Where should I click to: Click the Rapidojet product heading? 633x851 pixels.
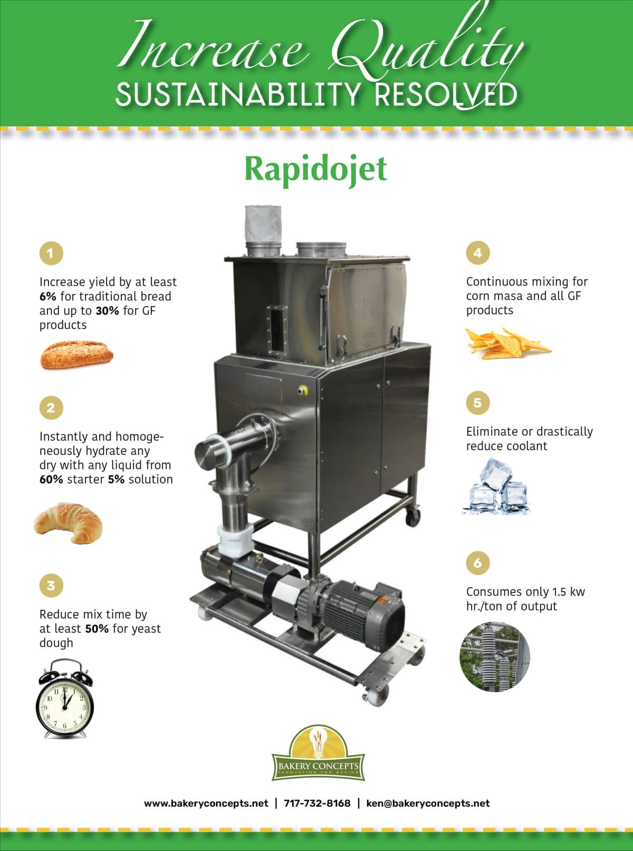315,169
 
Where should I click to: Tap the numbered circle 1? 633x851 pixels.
51,253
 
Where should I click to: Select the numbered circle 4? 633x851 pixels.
477,253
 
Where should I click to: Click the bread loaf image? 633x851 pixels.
76,354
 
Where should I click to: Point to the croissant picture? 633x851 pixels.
68,522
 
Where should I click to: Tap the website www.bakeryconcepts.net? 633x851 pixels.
206,804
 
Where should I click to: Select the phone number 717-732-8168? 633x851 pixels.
317,804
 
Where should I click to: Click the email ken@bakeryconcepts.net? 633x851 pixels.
428,804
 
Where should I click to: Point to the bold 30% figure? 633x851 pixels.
107,311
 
